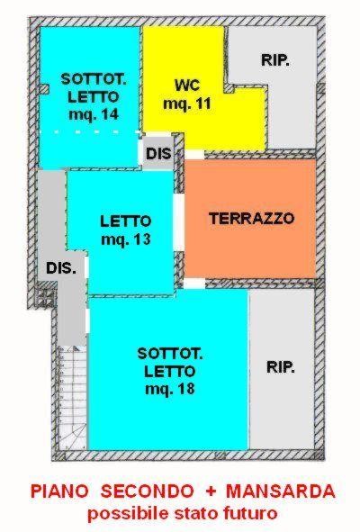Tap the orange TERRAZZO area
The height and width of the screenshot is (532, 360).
(x=250, y=219)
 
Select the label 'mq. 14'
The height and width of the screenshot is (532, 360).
(x=94, y=114)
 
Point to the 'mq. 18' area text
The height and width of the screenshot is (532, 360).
(x=170, y=389)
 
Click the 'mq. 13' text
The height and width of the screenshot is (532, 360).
(x=126, y=239)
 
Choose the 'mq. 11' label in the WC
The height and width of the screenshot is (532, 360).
(x=187, y=104)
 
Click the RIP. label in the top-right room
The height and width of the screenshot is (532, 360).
(x=275, y=60)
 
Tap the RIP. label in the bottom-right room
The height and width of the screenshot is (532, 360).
(x=281, y=366)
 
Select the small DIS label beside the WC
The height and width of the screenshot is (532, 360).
(x=158, y=154)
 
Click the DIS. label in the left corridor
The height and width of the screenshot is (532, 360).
(x=61, y=268)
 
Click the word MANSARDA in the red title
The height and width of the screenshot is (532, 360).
(x=281, y=491)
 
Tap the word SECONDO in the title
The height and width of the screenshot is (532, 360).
(x=147, y=491)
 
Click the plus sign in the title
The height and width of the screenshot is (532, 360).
(x=210, y=491)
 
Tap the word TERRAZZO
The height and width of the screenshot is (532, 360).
(x=251, y=218)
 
